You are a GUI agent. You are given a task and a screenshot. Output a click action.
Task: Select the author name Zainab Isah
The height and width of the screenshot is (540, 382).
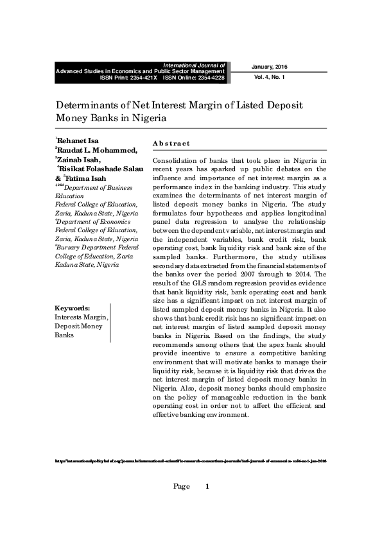pyautogui.click(x=80, y=160)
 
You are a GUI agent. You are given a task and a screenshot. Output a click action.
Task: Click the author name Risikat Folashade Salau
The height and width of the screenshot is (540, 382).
pyautogui.click(x=100, y=169)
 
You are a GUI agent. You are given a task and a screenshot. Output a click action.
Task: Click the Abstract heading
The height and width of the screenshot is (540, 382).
pyautogui.click(x=171, y=143)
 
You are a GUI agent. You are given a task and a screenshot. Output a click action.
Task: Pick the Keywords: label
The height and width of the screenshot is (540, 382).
pyautogui.click(x=73, y=308)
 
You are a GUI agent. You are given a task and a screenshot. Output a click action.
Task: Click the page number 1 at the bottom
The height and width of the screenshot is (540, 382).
pyautogui.click(x=207, y=487)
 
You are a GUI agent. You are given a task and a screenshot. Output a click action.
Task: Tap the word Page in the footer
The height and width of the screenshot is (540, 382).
pyautogui.click(x=182, y=487)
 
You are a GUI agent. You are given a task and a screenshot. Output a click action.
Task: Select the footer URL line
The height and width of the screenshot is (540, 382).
pyautogui.click(x=191, y=461)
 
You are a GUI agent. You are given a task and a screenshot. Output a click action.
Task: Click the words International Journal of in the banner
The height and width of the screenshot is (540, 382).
pyautogui.click(x=195, y=65)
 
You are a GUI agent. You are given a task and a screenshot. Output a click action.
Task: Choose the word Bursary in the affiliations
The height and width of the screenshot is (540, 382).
pyautogui.click(x=71, y=247)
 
